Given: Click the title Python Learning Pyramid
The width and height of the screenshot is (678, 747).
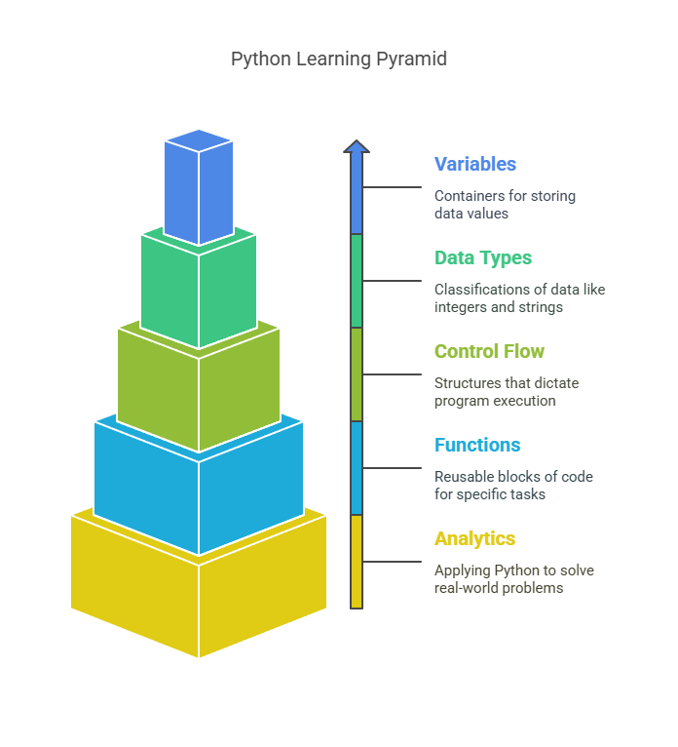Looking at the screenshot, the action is (x=339, y=59).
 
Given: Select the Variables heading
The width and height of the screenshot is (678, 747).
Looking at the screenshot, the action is (x=474, y=164).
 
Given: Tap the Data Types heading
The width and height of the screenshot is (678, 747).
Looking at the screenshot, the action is (x=483, y=258).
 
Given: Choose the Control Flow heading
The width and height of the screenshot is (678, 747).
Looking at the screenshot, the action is (x=489, y=352).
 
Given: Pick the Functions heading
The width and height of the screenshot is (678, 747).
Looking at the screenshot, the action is (x=477, y=445).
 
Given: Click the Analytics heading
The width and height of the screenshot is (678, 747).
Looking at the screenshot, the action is (x=474, y=539).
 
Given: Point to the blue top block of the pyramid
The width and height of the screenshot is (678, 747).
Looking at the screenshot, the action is (x=199, y=187).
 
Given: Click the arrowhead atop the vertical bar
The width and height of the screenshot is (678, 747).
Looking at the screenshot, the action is (x=357, y=146).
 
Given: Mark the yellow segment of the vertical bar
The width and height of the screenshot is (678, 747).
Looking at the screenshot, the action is (x=357, y=562).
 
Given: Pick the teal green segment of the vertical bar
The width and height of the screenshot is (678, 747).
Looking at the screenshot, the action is (x=357, y=281).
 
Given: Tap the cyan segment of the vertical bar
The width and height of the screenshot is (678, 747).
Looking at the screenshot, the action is (x=357, y=468).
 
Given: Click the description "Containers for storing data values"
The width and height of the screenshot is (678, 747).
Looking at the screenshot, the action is (x=505, y=205).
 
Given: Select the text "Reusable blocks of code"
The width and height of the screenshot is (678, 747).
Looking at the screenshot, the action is (x=513, y=477).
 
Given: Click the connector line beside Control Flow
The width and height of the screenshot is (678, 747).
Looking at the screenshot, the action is (x=392, y=374).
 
